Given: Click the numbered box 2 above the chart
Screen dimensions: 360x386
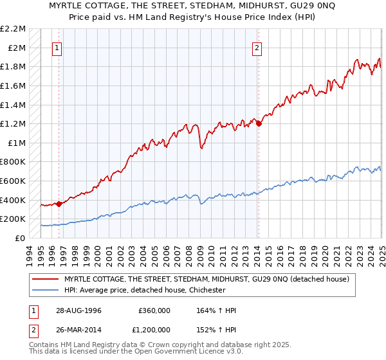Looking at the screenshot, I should click(x=257, y=47).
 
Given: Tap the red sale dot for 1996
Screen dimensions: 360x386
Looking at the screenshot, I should click(x=59, y=204).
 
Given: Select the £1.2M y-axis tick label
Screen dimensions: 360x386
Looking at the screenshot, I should click(x=14, y=123).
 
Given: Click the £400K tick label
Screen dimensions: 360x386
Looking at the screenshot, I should click(x=13, y=200).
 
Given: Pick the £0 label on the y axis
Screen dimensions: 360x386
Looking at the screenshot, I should click(x=19, y=238).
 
